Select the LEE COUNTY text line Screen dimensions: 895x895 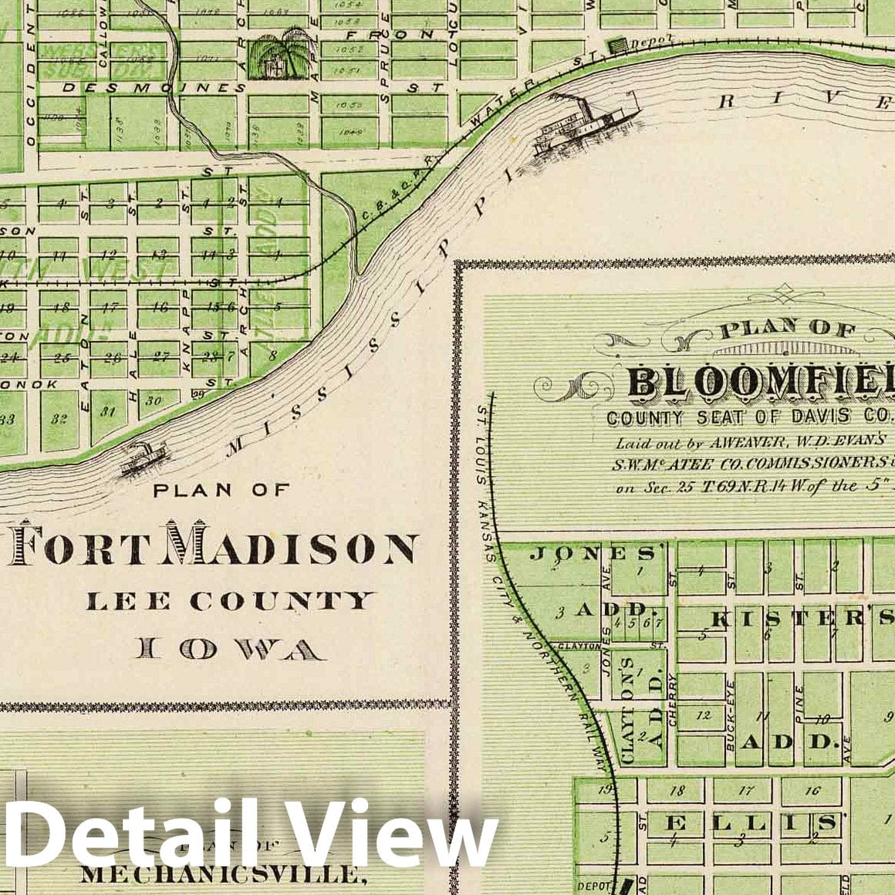tap(230, 600)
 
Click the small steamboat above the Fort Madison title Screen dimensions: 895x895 tap(143, 458)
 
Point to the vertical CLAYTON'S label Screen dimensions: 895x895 tap(628, 710)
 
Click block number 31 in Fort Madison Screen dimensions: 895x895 tap(108, 411)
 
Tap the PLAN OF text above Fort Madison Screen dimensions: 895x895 tap(221, 489)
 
